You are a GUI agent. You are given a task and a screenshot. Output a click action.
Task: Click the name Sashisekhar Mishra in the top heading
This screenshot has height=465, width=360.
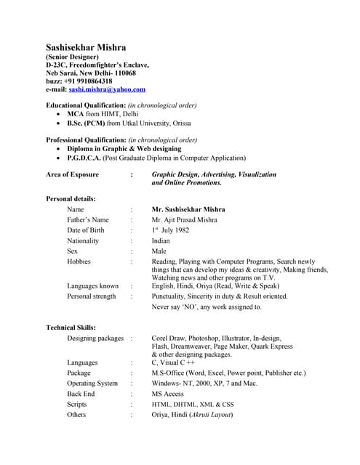coord(85,48)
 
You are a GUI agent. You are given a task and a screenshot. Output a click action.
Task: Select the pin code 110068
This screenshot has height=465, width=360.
coord(122,73)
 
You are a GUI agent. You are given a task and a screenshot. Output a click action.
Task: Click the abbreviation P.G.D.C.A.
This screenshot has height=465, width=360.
coord(84,157)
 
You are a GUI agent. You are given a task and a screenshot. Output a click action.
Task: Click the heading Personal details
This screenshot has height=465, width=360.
coord(71,198)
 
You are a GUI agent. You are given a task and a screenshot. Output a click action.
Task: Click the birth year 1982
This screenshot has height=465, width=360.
coord(180,230)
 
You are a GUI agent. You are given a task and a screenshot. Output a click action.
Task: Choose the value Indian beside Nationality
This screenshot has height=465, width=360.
coord(161,240)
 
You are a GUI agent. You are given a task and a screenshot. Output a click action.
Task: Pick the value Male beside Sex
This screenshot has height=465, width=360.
coord(159,251)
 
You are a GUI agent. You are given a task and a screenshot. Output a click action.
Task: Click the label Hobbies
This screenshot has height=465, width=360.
coord(79,262)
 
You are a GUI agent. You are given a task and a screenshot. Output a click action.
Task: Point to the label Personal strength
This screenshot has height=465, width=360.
coord(91,296)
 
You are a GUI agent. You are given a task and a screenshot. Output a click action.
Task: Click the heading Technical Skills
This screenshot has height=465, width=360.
coord(71,328)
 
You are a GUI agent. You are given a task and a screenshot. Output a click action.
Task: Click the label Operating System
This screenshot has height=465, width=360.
coord(92,384)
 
